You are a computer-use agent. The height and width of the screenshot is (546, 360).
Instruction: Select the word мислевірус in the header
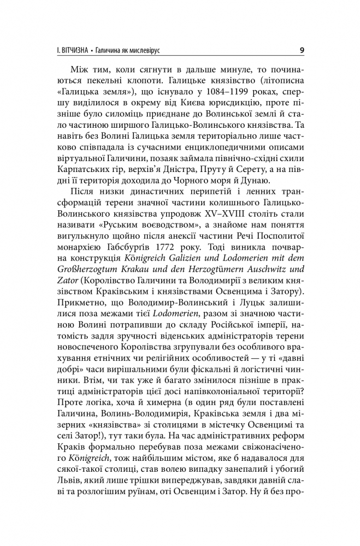(147, 51)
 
